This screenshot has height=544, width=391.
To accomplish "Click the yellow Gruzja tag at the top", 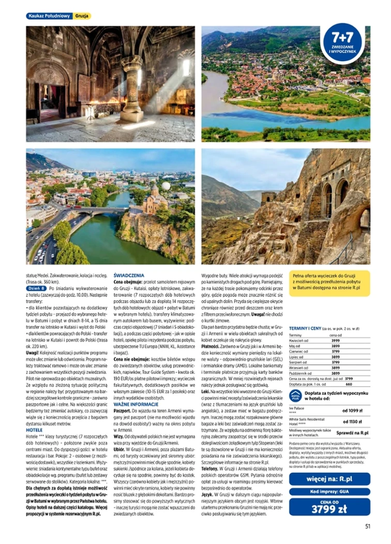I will click(x=82, y=16).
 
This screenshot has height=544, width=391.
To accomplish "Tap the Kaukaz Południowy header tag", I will click(x=49, y=16).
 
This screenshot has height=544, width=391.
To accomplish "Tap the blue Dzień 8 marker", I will click(x=36, y=288).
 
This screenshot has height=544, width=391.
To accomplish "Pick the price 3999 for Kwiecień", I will click(x=335, y=341).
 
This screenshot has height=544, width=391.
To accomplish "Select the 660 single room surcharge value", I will click(x=348, y=384).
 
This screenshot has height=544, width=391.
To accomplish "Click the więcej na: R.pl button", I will click(x=329, y=478).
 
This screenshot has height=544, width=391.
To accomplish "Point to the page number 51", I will click(x=367, y=527).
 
